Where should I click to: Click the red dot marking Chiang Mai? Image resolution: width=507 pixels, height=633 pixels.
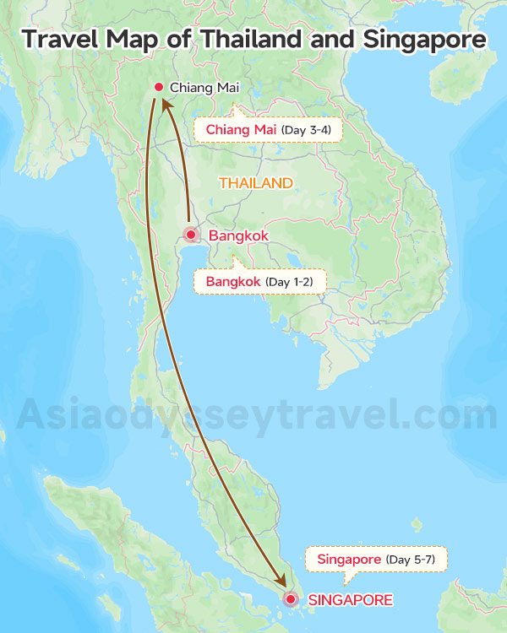pyautogui.click(x=158, y=87)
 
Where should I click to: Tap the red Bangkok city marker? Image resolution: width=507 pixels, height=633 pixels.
pyautogui.click(x=191, y=235)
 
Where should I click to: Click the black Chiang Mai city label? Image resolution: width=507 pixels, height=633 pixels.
pyautogui.click(x=204, y=88)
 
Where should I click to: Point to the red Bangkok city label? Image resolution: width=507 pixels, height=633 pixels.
pyautogui.click(x=238, y=236)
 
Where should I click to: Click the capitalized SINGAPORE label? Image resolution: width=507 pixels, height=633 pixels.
pyautogui.click(x=350, y=600)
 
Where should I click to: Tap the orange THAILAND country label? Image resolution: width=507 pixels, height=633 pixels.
pyautogui.click(x=256, y=183)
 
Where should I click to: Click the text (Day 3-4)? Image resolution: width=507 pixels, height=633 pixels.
pyautogui.click(x=306, y=130)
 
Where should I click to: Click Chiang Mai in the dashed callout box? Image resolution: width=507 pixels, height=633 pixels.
pyautogui.click(x=240, y=130)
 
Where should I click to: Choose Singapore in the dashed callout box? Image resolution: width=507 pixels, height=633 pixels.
pyautogui.click(x=349, y=560)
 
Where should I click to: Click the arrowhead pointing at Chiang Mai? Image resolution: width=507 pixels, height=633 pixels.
pyautogui.click(x=164, y=103)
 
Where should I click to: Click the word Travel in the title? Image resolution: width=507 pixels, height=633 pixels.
pyautogui.click(x=61, y=39)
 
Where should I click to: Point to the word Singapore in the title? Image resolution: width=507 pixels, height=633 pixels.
pyautogui.click(x=427, y=39)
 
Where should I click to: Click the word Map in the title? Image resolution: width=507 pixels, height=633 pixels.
pyautogui.click(x=138, y=39)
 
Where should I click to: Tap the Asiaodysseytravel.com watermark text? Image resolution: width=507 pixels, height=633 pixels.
pyautogui.click(x=253, y=415)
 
